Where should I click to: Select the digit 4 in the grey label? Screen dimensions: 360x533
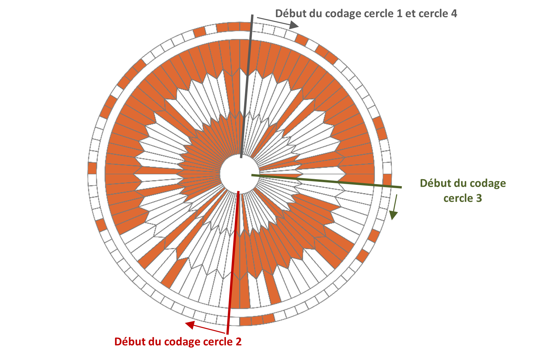[454, 14]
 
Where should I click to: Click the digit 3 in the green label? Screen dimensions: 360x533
[479, 198]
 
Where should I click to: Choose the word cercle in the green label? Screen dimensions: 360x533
[458, 198]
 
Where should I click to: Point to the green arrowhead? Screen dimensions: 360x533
[393, 215]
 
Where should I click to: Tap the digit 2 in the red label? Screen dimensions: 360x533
[238, 342]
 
